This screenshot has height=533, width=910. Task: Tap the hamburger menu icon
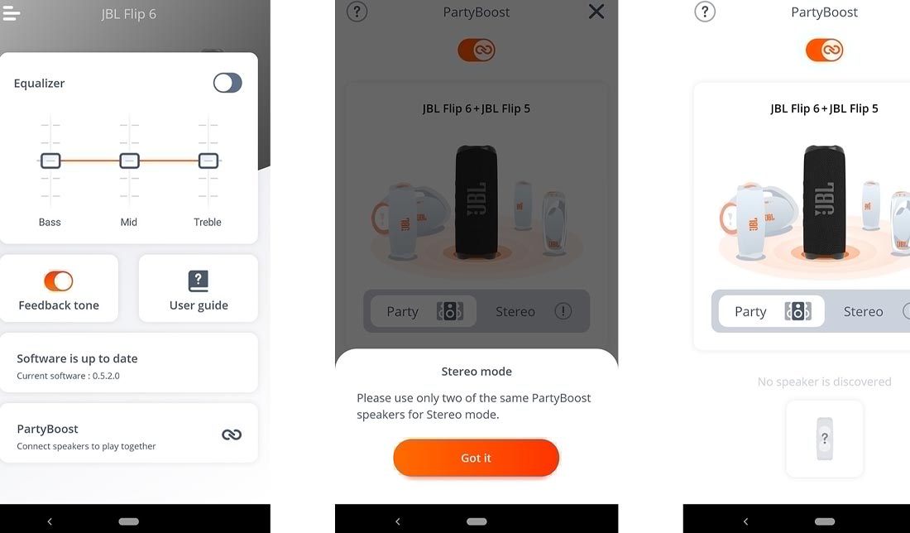[11, 13]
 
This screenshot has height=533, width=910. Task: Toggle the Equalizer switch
[227, 83]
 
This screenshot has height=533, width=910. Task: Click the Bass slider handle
[50, 161]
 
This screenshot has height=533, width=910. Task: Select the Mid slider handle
[129, 161]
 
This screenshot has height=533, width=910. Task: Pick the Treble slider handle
[208, 161]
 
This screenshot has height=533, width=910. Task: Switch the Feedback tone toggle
[59, 281]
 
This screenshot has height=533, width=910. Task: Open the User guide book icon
[199, 281]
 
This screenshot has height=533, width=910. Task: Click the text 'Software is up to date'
[77, 358]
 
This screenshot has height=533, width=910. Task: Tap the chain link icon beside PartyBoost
[232, 435]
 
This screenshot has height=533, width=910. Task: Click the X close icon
[596, 12]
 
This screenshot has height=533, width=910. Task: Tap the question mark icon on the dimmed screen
[357, 12]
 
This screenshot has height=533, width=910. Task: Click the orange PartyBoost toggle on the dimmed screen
[477, 50]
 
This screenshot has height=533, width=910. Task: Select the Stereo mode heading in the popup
[477, 371]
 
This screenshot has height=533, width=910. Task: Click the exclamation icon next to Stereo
[563, 311]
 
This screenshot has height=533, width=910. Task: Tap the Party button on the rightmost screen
[771, 311]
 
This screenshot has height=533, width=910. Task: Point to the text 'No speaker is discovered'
[824, 382]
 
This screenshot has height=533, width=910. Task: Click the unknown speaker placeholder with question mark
[824, 439]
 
